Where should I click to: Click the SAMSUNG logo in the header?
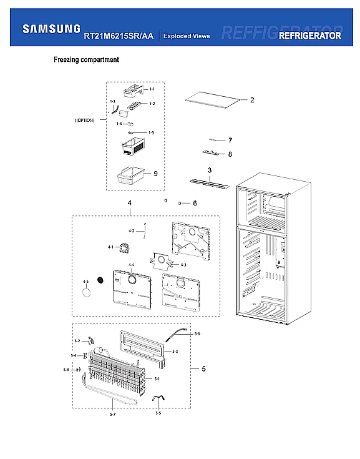pyautogui.click(x=51, y=29)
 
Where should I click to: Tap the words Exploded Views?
pyautogui.click(x=186, y=36)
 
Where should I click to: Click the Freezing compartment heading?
pyautogui.click(x=86, y=61)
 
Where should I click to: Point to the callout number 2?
pyautogui.click(x=252, y=100)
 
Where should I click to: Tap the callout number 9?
pyautogui.click(x=155, y=174)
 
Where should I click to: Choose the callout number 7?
pyautogui.click(x=230, y=141)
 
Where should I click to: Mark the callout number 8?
pyautogui.click(x=230, y=154)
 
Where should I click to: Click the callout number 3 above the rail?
pyautogui.click(x=210, y=170)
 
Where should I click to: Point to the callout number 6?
pyautogui.click(x=195, y=204)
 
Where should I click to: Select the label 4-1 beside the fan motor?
pyautogui.click(x=110, y=247)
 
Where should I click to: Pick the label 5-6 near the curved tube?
pyautogui.click(x=197, y=334)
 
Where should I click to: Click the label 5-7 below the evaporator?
pyautogui.click(x=112, y=415)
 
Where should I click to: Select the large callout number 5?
pyautogui.click(x=203, y=369)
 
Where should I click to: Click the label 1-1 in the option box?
pyautogui.click(x=152, y=91)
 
